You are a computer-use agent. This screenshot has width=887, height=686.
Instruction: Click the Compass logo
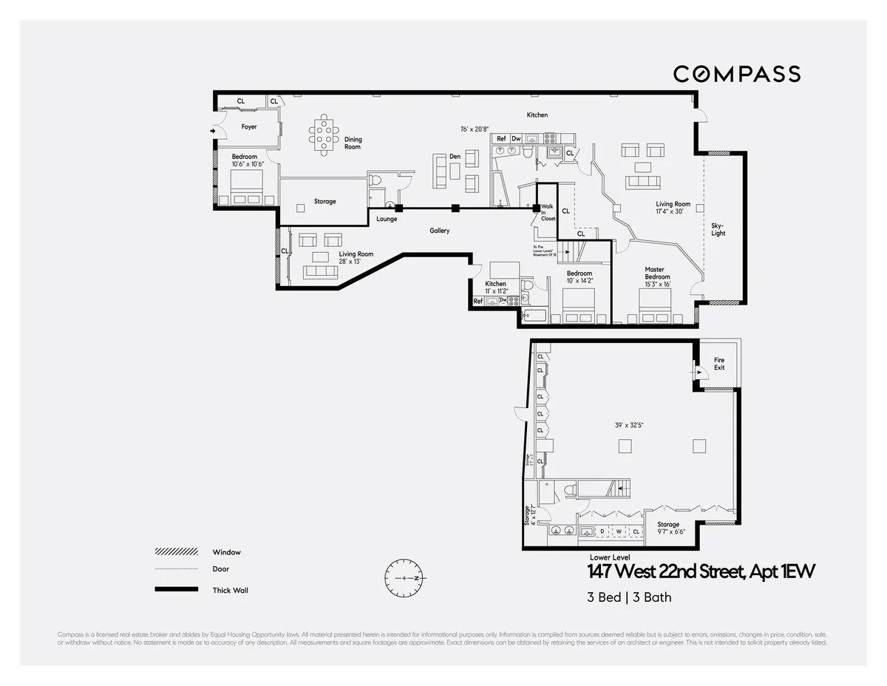736,73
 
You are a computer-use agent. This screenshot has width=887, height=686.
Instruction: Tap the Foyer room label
249,127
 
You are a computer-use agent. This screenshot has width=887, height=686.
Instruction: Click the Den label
455,157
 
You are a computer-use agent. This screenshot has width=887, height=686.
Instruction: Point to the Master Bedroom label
656,274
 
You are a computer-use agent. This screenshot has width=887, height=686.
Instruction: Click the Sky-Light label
718,229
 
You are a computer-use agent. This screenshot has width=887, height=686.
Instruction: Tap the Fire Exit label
719,364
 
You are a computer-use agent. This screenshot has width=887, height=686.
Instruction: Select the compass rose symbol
405,577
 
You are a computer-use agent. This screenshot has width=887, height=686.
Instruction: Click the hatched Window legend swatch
176,552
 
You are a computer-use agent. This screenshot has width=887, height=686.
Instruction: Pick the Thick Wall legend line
176,589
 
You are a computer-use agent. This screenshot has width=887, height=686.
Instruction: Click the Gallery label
440,231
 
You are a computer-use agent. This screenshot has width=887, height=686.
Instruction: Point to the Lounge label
387,219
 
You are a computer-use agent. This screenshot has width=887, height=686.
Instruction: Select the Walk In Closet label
548,213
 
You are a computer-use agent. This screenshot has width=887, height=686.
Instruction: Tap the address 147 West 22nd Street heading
701,572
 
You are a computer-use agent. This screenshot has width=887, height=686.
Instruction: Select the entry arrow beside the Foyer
214,132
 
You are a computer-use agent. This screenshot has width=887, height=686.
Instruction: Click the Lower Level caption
610,557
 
